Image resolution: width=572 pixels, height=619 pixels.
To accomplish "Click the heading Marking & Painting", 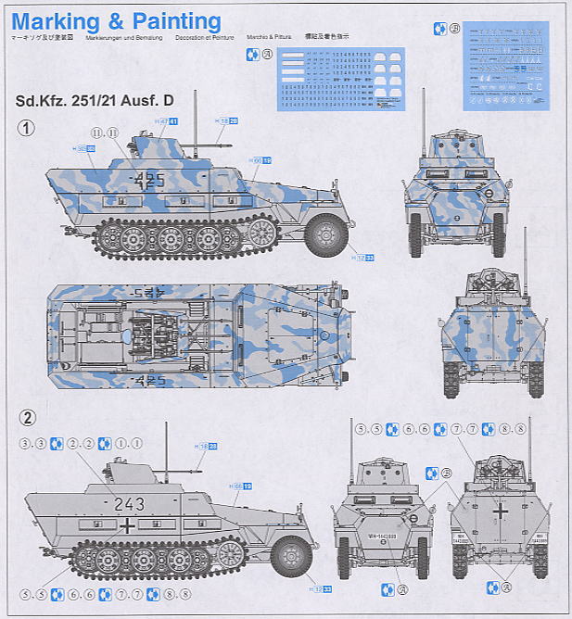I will (116, 20).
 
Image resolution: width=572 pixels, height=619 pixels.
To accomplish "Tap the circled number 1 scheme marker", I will (28, 129).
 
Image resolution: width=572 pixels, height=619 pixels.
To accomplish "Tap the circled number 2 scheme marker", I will (28, 418).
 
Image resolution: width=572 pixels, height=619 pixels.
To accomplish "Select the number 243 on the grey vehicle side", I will (129, 504).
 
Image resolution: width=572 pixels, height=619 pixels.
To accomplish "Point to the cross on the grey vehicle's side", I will (126, 526).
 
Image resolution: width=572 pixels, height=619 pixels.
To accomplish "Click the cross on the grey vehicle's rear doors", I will (499, 511).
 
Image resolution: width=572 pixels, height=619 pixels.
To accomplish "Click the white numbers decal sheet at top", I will (339, 81).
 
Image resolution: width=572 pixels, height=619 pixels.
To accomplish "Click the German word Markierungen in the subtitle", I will (124, 38).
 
